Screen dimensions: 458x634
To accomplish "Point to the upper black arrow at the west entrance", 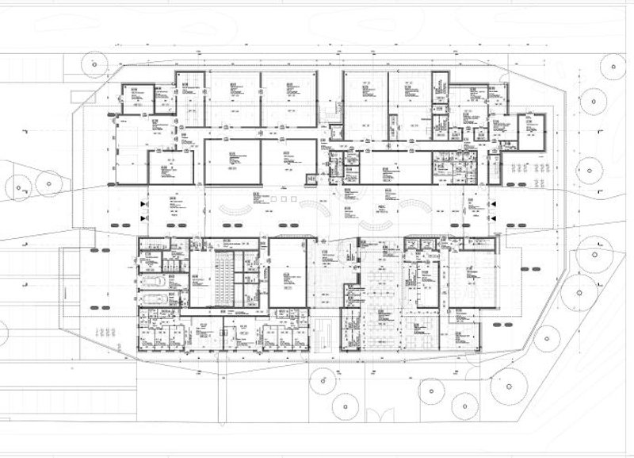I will (x=143, y=204).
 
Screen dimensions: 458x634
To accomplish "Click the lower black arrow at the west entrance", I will (x=143, y=216).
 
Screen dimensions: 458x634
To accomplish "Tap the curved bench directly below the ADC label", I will (x=372, y=223).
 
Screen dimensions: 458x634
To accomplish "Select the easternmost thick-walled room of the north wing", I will (x=531, y=131).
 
